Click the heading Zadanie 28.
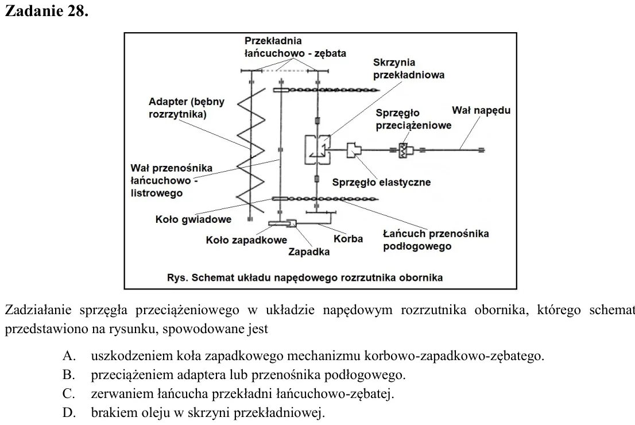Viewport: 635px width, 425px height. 46,11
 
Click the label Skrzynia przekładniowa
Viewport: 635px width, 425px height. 409,68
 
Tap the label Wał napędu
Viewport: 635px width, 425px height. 481,110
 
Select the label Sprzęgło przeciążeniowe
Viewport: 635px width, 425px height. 413,119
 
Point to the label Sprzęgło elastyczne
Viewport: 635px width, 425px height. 381,182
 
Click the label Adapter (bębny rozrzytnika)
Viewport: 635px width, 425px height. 186,108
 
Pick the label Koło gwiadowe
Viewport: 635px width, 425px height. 193,219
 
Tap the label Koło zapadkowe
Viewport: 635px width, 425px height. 246,240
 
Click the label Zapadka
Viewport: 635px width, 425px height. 309,252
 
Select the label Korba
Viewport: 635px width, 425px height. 348,239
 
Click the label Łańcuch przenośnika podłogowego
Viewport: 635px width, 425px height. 436,240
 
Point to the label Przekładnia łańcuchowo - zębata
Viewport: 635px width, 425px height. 295,47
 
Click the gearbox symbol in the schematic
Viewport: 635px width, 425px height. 318,150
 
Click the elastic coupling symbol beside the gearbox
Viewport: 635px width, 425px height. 354,150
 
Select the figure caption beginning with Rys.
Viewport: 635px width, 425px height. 305,277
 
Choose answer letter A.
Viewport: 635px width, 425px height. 69,356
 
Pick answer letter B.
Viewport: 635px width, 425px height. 69,375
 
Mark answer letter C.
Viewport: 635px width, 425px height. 68,393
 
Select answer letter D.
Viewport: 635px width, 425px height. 69,412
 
